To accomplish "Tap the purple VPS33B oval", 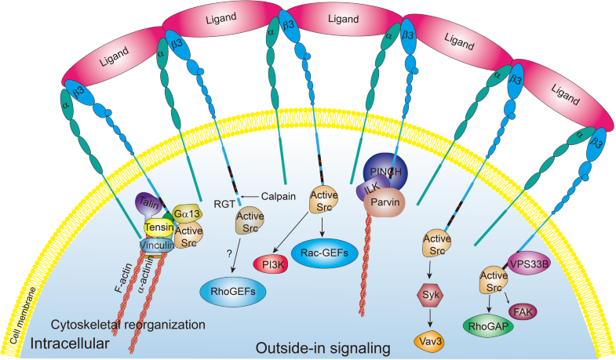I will click(534, 264).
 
